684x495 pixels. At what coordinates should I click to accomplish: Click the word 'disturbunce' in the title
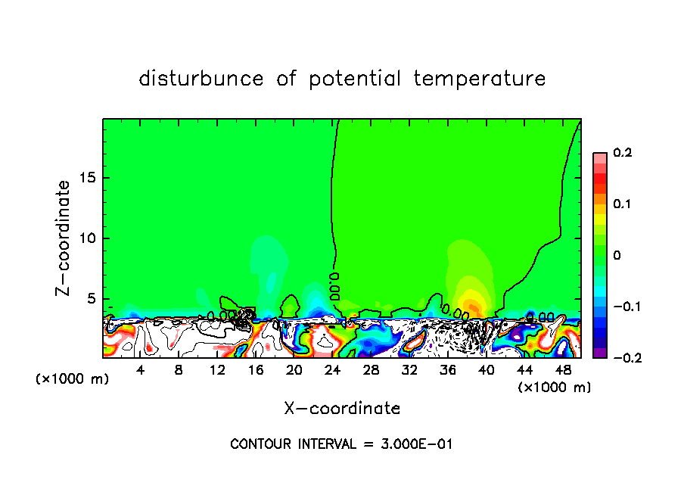coord(201,79)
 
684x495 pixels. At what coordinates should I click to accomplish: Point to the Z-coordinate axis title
coord(64,238)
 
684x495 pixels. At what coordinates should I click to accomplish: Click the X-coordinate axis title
coord(342,409)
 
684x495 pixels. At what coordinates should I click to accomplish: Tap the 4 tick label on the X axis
coord(141,371)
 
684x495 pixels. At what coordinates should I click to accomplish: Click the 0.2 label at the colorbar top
coord(622,153)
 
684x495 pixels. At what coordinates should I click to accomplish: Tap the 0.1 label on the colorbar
coord(622,204)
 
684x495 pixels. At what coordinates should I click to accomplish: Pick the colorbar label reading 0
coord(617,256)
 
